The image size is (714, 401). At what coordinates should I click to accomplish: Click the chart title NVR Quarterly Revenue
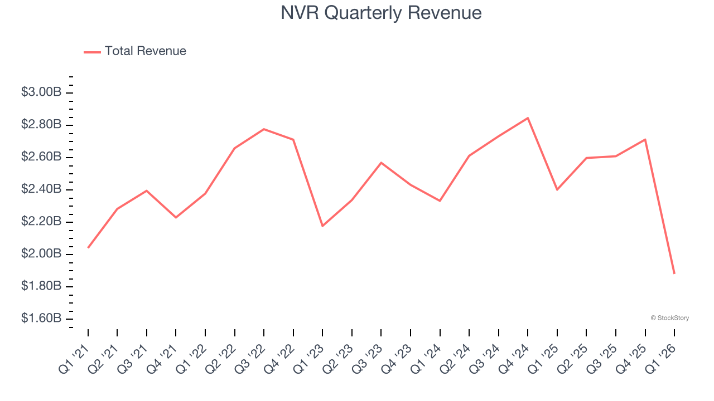coord(381,13)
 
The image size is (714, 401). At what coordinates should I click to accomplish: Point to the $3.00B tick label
coord(41,92)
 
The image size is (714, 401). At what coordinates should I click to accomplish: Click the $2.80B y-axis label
coord(41,124)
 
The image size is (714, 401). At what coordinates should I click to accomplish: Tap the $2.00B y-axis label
coord(41,254)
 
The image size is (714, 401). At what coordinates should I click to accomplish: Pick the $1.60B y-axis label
coord(41,319)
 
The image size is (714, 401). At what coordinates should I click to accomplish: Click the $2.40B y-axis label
coord(41,189)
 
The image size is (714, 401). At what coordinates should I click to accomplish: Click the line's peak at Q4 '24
coord(528,118)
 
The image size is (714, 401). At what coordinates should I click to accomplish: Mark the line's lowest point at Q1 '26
coord(674,273)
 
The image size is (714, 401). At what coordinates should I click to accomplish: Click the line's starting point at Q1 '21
coord(88,248)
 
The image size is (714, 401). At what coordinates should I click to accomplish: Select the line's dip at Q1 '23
coord(322,226)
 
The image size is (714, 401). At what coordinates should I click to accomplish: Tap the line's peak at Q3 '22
coord(264,129)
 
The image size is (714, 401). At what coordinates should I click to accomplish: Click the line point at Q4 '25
coord(645,139)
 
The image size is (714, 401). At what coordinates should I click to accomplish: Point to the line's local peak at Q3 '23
coord(381,163)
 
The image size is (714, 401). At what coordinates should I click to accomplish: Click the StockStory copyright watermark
coord(669,318)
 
